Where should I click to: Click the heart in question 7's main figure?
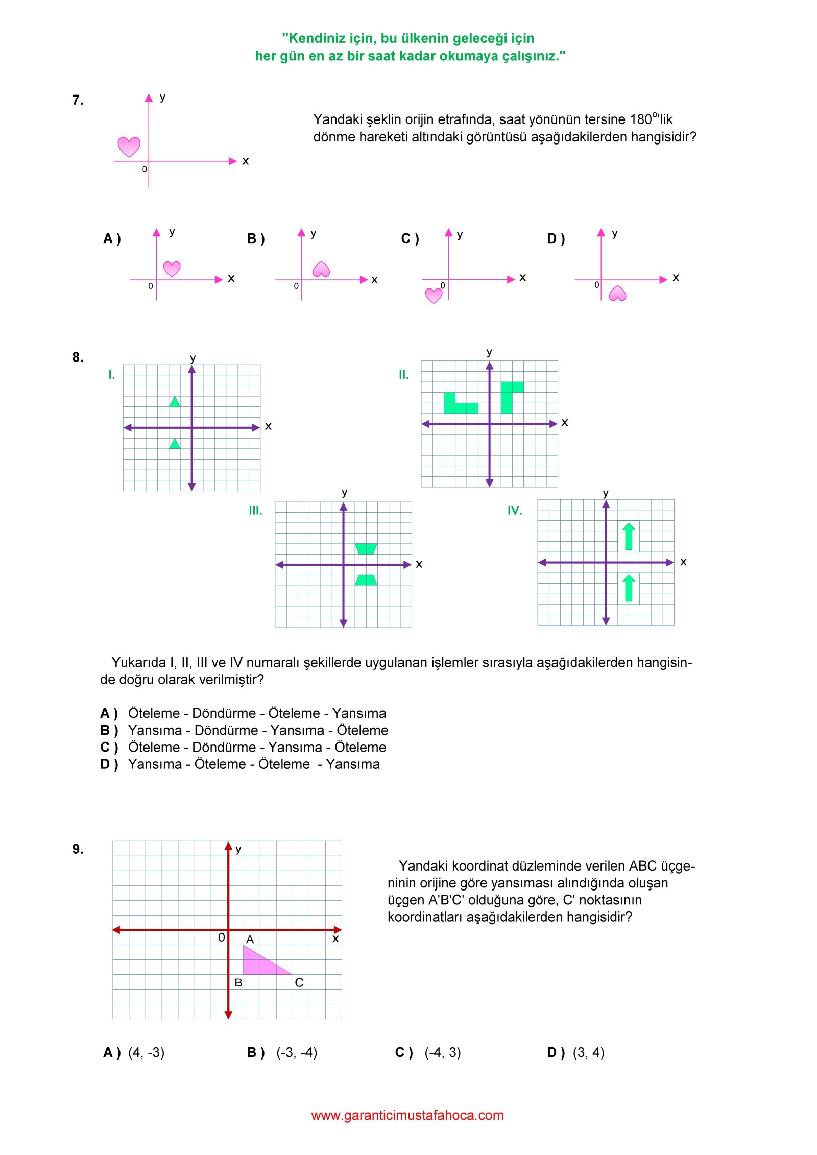click(129, 147)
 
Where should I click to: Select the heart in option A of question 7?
click(172, 268)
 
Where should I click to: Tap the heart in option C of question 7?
click(434, 295)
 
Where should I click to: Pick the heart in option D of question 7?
click(617, 294)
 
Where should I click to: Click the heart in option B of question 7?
click(321, 269)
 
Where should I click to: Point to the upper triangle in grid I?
click(175, 402)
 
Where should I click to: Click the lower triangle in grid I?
click(175, 444)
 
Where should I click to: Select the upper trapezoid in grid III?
click(366, 549)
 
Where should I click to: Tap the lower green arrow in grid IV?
click(629, 588)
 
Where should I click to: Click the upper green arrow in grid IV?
click(629, 537)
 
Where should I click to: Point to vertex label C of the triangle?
click(299, 982)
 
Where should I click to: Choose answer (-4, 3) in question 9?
click(442, 1052)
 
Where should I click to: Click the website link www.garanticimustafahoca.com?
click(407, 1115)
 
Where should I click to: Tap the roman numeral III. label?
click(255, 510)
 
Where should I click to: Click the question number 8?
click(78, 357)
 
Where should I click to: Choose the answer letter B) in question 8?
click(109, 730)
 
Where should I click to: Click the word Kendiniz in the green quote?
click(315, 38)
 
